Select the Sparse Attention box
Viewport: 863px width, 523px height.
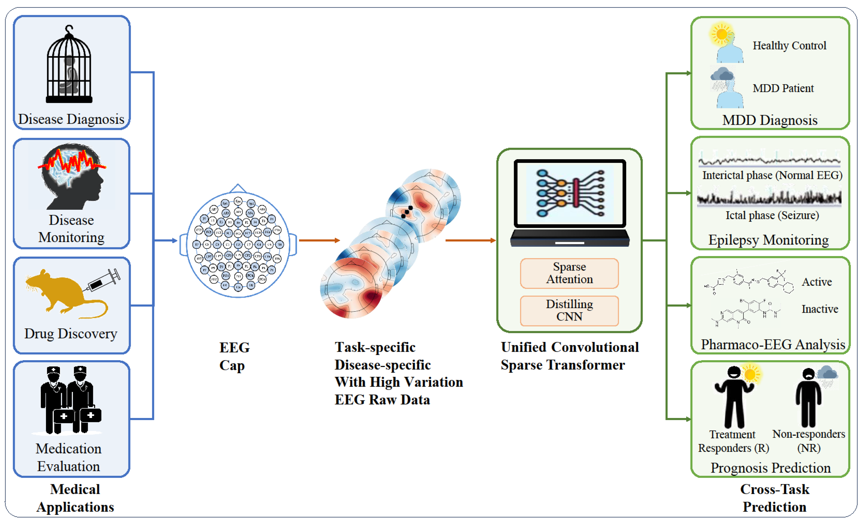pyautogui.click(x=569, y=273)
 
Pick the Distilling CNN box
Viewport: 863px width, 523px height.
pyautogui.click(x=569, y=310)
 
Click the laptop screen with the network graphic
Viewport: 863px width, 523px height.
pyautogui.click(x=569, y=193)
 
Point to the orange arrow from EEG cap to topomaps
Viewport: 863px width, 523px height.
pyautogui.click(x=319, y=240)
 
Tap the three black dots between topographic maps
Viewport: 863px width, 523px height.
pyautogui.click(x=407, y=212)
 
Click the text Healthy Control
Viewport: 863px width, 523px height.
pyautogui.click(x=789, y=45)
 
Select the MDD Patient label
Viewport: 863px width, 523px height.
pyautogui.click(x=783, y=88)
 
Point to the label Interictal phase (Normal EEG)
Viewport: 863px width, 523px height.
pyautogui.click(x=772, y=175)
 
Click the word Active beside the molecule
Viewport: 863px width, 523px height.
pyautogui.click(x=817, y=282)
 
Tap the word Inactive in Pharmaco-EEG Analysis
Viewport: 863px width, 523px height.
pyautogui.click(x=820, y=309)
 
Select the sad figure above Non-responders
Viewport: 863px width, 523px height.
pyautogui.click(x=808, y=398)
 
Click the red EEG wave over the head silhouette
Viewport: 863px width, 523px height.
pyautogui.click(x=72, y=162)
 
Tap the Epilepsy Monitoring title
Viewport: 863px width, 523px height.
pyautogui.click(x=769, y=240)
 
